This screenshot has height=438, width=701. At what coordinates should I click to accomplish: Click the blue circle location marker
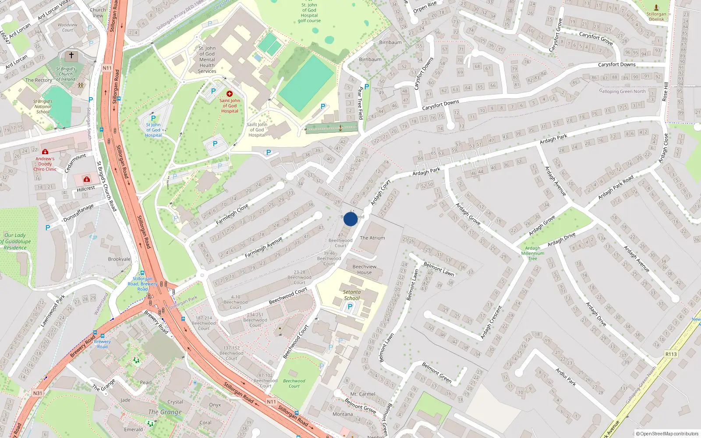click(350, 219)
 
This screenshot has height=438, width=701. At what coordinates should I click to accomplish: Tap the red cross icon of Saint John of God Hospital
click(229, 94)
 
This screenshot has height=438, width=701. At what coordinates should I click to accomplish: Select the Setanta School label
click(352, 295)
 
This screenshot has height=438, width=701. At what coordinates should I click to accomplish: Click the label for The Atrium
click(372, 238)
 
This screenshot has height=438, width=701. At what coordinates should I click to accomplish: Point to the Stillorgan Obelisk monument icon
click(656, 7)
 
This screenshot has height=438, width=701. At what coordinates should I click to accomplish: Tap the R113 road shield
click(671, 354)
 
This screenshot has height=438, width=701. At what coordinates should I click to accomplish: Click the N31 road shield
click(38, 393)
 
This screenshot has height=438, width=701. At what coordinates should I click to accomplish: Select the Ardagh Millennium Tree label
click(533, 253)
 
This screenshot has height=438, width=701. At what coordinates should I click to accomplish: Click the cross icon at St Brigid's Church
click(71, 56)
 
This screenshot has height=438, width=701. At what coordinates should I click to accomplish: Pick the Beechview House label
click(364, 269)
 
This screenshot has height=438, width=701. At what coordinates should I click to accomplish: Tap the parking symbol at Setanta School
click(350, 307)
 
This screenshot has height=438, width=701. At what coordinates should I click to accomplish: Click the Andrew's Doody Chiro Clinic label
click(45, 164)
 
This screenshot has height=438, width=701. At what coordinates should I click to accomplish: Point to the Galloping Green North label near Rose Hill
click(622, 92)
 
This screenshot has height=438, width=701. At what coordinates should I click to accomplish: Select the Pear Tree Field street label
click(361, 103)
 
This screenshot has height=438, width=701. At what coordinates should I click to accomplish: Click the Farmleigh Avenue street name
click(263, 247)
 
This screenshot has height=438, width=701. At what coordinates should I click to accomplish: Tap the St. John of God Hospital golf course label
click(309, 13)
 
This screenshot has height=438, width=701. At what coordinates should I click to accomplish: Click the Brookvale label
click(119, 259)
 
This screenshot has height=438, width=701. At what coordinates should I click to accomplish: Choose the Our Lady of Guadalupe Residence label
click(16, 241)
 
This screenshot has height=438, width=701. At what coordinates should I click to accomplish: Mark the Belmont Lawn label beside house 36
click(439, 268)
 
